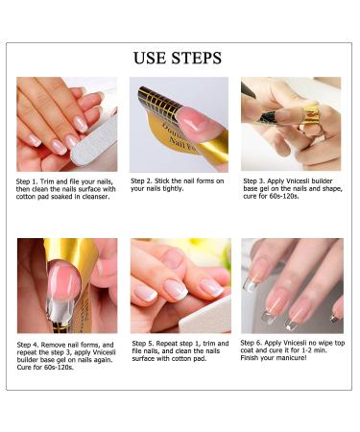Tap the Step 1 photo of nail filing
click(67, 124)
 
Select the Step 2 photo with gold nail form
click(180, 124)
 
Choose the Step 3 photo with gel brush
click(291, 124)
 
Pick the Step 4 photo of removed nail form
click(67, 285)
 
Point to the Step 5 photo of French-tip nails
click(180, 285)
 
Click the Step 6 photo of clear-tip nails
click(291, 285)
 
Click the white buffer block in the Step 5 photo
click(206, 320)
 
